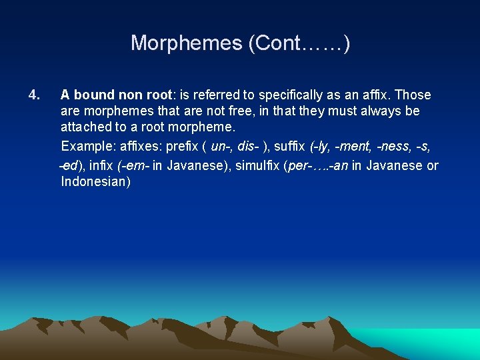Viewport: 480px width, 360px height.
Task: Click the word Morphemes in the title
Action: (186, 43)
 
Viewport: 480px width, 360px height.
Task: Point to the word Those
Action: (413, 95)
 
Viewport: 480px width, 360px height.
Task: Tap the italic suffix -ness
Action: (393, 146)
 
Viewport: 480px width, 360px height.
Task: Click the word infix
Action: (107, 165)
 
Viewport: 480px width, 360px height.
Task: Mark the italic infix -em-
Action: (139, 165)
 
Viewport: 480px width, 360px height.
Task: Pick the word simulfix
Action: (257, 165)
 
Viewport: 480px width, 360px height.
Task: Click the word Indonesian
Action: (95, 181)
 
